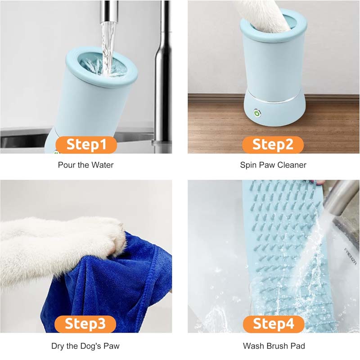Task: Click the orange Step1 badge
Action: tap(86, 145)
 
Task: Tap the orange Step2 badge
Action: tap(273, 145)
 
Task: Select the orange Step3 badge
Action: tap(85, 324)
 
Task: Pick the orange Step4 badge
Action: tap(273, 324)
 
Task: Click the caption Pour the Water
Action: tap(85, 165)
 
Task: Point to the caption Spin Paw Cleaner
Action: tap(273, 165)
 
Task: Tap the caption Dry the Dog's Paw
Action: tap(85, 346)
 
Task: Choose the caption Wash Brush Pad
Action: tap(273, 346)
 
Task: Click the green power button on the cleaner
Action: tap(257, 113)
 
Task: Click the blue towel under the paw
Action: tap(103, 279)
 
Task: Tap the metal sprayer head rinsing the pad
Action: tap(340, 198)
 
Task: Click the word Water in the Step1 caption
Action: tap(103, 165)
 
